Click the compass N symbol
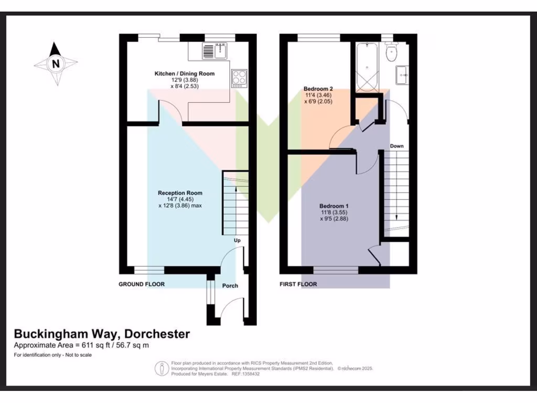click(x=55, y=64)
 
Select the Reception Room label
click(x=180, y=193)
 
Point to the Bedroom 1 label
click(x=334, y=206)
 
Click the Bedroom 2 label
click(x=319, y=89)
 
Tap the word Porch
click(x=230, y=286)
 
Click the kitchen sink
click(x=213, y=51)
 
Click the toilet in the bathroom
click(x=391, y=52)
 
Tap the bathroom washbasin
click(x=403, y=75)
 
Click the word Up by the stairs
click(x=237, y=240)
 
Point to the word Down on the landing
click(x=396, y=146)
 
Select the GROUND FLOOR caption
click(x=142, y=284)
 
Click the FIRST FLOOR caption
click(x=298, y=284)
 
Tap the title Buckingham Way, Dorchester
click(x=102, y=334)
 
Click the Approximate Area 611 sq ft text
click(x=81, y=345)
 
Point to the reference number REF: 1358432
click(x=247, y=374)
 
